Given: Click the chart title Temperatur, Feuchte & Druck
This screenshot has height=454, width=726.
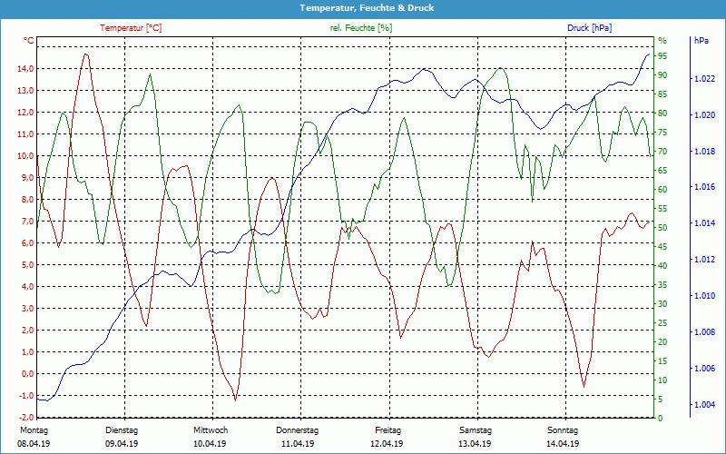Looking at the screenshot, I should [x=363, y=7].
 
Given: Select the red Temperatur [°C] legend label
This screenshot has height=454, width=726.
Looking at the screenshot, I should [x=131, y=28].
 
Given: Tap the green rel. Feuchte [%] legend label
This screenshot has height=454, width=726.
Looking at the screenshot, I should [x=361, y=28].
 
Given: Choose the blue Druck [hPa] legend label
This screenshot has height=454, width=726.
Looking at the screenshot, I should [x=589, y=28].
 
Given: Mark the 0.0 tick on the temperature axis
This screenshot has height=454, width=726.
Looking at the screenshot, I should [x=26, y=374].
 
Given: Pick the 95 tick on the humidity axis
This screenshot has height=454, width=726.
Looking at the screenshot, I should [x=662, y=55].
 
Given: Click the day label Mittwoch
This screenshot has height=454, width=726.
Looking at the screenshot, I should [x=210, y=430].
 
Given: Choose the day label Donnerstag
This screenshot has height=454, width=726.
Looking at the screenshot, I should [x=298, y=430].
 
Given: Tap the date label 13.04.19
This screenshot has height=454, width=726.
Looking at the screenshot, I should [x=475, y=444].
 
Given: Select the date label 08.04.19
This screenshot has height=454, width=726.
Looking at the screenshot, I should [x=34, y=444].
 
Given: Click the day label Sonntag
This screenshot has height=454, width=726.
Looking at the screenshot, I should [x=562, y=430].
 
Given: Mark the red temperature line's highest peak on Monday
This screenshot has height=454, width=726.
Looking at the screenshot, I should [x=86, y=54].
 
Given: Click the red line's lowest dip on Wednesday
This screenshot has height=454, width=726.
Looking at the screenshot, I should [x=235, y=400].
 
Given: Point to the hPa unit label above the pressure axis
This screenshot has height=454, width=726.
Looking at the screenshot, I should [x=701, y=41].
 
